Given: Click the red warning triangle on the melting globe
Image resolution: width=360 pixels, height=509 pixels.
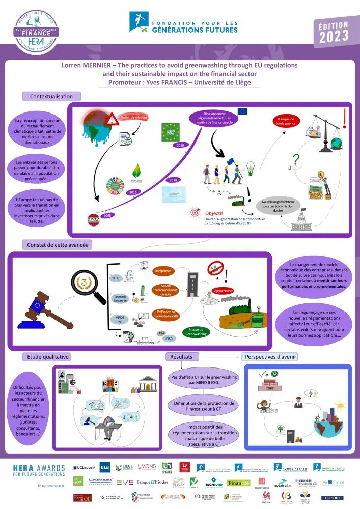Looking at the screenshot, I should pos(112,120).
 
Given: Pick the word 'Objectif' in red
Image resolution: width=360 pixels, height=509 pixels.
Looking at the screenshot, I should pos(215,213).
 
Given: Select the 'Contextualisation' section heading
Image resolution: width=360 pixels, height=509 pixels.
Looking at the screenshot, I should pos(51,96).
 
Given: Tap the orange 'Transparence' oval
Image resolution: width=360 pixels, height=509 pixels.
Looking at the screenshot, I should pos(164,271).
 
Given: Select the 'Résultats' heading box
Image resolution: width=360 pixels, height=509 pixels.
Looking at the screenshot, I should pos(180,357).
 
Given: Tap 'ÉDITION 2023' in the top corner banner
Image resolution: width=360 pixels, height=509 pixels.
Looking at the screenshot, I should pos(334,32).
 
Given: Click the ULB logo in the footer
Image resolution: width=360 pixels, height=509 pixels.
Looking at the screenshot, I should pos(104,467).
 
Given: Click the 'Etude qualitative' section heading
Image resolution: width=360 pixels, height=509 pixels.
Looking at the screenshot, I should pos(46,357).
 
